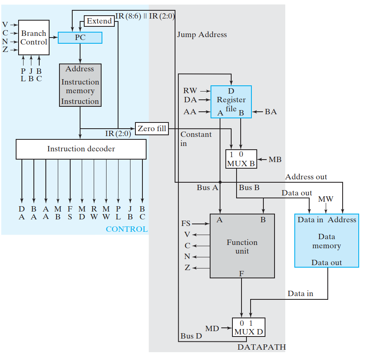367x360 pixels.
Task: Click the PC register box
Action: pos(80,38)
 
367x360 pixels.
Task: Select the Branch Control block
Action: pos(33,38)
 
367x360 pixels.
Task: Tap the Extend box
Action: pos(99,21)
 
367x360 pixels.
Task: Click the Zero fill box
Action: pos(152,129)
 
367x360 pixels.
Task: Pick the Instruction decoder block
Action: pos(81,149)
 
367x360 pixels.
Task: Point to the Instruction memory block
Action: pos(80,85)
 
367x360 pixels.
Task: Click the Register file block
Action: pos(231,102)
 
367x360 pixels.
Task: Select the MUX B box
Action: pos(241,159)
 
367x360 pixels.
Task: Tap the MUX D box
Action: pos(248,328)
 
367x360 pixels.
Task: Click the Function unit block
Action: pos(242,246)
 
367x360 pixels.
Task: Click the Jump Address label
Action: pos(202,35)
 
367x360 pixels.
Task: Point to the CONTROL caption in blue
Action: pos(127,229)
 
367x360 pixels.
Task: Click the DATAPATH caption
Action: pos(261,347)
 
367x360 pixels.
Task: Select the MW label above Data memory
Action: pos(326,199)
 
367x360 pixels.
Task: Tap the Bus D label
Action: pos(191,336)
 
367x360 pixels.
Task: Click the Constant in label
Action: pos(196,139)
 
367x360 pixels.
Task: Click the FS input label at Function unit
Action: pos(186,224)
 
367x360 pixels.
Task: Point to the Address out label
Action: pos(306,177)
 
